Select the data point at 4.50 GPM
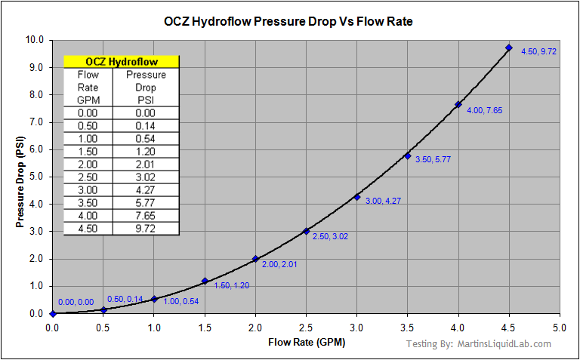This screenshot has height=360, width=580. click(509, 48)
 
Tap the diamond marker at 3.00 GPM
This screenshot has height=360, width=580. click(357, 197)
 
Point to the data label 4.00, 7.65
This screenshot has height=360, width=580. click(485, 110)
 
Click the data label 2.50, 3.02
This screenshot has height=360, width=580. click(330, 236)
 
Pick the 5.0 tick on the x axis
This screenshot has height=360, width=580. click(560, 328)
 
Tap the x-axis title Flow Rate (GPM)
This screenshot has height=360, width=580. click(306, 343)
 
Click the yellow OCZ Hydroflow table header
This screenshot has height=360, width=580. click(121, 62)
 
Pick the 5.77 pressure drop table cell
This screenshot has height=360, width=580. click(146, 202)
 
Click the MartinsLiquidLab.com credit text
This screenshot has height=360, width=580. click(504, 344)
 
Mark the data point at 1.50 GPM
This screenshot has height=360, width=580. click(205, 281)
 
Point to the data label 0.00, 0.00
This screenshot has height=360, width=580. click(76, 302)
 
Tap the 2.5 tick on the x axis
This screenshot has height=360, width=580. click(306, 328)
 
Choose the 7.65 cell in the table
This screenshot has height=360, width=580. click(146, 215)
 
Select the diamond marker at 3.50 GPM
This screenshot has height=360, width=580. click(408, 155)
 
